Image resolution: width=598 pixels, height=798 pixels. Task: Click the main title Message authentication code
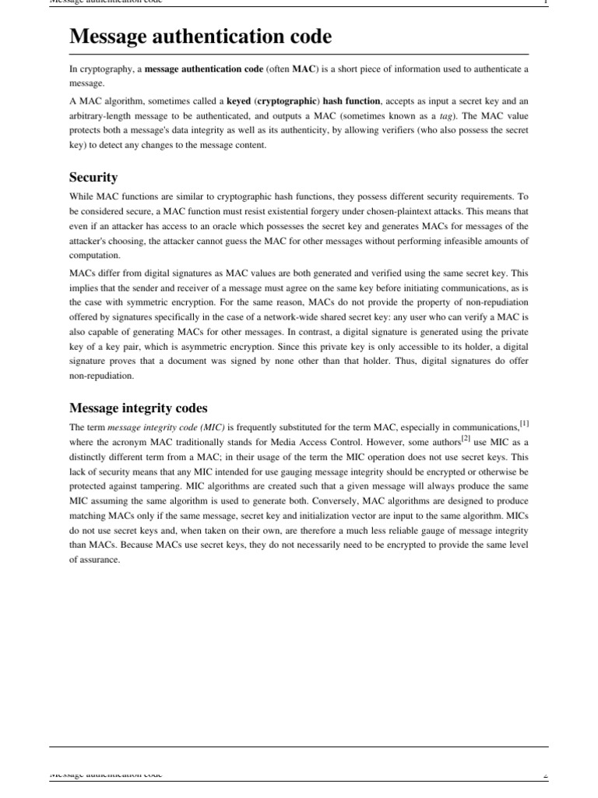tap(200, 37)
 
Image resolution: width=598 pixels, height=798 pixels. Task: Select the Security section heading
tap(93, 177)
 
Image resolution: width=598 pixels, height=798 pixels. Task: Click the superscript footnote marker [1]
tap(524, 423)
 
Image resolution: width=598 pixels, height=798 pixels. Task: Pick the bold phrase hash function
tap(356, 101)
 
